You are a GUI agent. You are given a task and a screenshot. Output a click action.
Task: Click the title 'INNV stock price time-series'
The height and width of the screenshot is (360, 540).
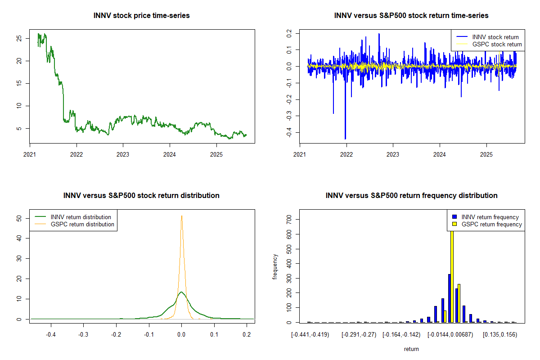pyautogui.click(x=141, y=16)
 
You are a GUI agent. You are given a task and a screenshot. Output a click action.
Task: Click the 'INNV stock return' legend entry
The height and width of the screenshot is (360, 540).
pyautogui.click(x=495, y=37)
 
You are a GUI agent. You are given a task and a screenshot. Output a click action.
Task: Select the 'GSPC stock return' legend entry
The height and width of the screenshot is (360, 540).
pyautogui.click(x=497, y=45)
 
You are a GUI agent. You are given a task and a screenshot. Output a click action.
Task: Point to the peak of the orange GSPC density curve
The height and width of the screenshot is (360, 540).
pyautogui.click(x=181, y=216)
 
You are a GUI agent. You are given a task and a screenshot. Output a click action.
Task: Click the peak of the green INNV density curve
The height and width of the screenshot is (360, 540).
pyautogui.click(x=181, y=292)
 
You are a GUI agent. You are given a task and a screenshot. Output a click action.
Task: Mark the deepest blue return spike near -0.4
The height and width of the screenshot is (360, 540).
pyautogui.click(x=345, y=138)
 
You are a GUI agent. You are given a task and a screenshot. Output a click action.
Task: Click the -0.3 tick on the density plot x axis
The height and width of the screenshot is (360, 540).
pyautogui.click(x=83, y=335)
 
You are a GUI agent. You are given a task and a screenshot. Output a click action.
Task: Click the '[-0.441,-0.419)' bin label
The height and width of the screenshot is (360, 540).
pyautogui.click(x=310, y=335)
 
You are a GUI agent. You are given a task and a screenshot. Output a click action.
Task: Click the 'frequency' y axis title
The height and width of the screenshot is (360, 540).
pyautogui.click(x=275, y=267)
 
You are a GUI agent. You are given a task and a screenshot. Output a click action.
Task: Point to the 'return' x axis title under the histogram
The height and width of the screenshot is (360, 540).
pyautogui.click(x=411, y=349)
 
